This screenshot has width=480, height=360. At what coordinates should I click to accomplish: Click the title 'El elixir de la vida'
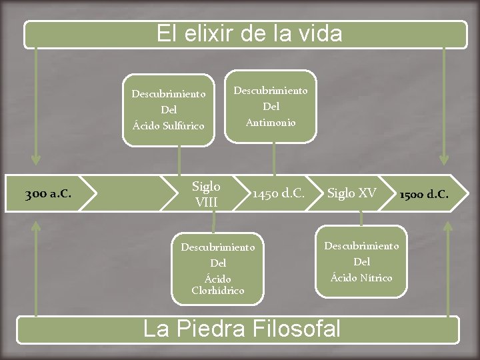click(249, 33)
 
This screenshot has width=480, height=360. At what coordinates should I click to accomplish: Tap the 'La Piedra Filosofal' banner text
click(242, 329)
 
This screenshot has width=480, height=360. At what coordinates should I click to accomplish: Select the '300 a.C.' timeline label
click(49, 195)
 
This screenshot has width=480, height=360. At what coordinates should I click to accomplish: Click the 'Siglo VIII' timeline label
click(206, 193)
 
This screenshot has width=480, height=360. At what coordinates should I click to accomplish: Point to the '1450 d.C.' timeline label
click(278, 194)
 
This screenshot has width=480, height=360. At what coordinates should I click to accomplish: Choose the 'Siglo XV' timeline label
click(351, 193)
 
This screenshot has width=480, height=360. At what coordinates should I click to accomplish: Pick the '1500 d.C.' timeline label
click(424, 195)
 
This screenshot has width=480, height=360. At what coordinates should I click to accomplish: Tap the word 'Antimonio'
click(271, 122)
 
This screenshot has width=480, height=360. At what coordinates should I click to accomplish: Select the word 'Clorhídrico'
click(217, 291)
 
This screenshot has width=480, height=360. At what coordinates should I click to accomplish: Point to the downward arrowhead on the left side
click(36, 160)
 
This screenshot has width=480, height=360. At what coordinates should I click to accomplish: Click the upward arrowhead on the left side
click(36, 226)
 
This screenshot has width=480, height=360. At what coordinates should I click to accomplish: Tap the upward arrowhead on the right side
click(448, 226)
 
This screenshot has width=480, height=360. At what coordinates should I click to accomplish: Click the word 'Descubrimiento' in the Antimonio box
click(271, 90)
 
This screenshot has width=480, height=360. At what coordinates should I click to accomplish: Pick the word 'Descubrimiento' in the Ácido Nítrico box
click(361, 246)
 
